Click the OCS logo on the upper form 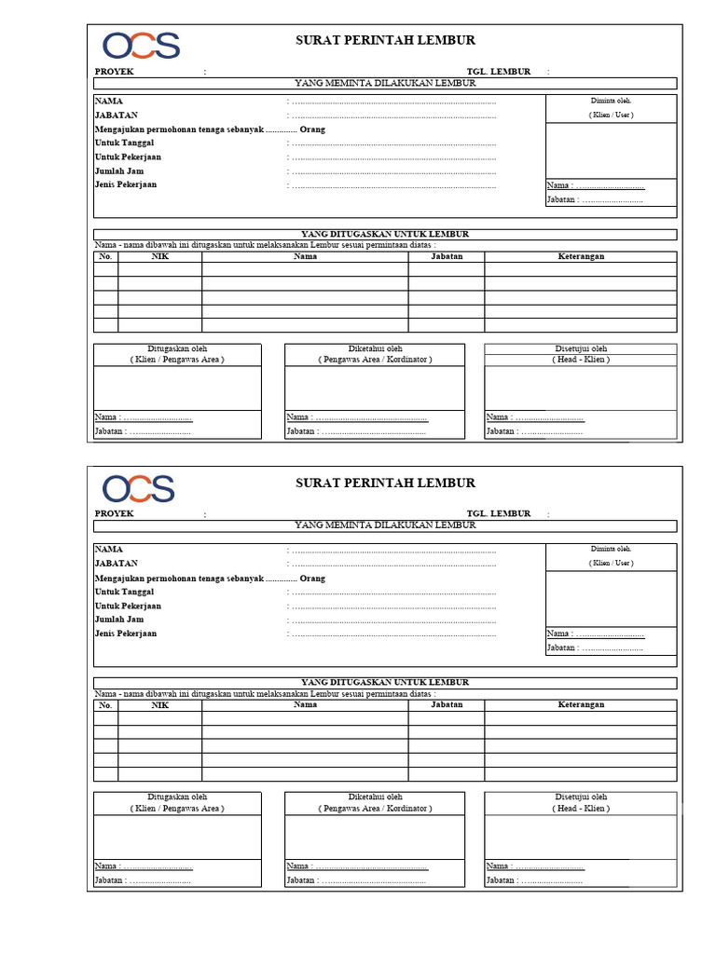click(141, 46)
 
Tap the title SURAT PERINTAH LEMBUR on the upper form click(385, 40)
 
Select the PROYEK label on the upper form click(115, 71)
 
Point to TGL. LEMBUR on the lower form click(498, 513)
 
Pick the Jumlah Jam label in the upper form click(119, 170)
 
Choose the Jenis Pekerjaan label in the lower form click(126, 634)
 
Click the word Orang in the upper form click(312, 129)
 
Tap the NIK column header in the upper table click(159, 256)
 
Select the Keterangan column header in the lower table click(581, 705)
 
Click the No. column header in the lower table click(105, 705)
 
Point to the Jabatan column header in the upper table click(447, 256)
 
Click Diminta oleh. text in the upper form click(611, 100)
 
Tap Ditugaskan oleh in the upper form click(177, 348)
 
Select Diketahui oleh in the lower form click(375, 797)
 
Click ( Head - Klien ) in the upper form click(581, 360)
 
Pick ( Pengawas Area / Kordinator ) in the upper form click(375, 360)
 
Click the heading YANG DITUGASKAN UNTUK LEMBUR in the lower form click(385, 682)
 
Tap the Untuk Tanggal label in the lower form click(124, 592)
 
